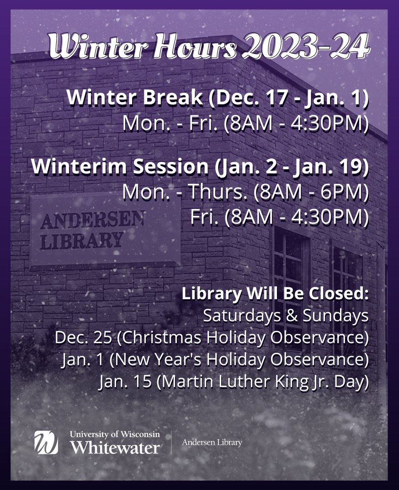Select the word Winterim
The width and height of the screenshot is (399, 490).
coord(78,167)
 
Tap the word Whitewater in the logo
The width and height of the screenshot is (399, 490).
coord(115,447)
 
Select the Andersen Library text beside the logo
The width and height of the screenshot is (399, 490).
coord(212,442)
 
